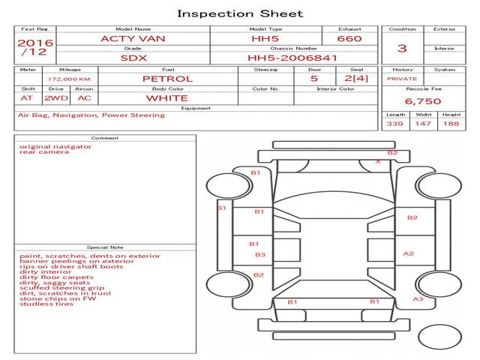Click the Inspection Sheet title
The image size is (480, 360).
pyautogui.click(x=240, y=13)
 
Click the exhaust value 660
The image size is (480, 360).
pyautogui.click(x=349, y=38)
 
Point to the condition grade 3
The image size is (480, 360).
pyautogui.click(x=402, y=49)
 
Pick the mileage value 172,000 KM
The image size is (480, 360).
pyautogui.click(x=69, y=78)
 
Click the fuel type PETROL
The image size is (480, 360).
pyautogui.click(x=167, y=78)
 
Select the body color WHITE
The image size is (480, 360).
pyautogui.click(x=167, y=97)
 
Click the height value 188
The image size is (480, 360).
pyautogui.click(x=451, y=124)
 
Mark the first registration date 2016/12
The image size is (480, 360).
pyautogui.click(x=35, y=47)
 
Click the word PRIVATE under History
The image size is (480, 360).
pyautogui.click(x=402, y=78)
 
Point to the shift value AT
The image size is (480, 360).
pyautogui.click(x=27, y=97)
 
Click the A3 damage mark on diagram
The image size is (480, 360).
pyautogui.click(x=418, y=299)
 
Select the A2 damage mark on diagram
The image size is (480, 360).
pyautogui.click(x=409, y=253)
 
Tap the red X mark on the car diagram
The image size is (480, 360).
pyautogui.click(x=377, y=161)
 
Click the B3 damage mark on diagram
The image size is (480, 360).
pyautogui.click(x=259, y=255)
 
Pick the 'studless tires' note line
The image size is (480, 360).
pyautogui.click(x=46, y=304)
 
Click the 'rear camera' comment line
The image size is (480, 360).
pyautogui.click(x=44, y=152)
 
